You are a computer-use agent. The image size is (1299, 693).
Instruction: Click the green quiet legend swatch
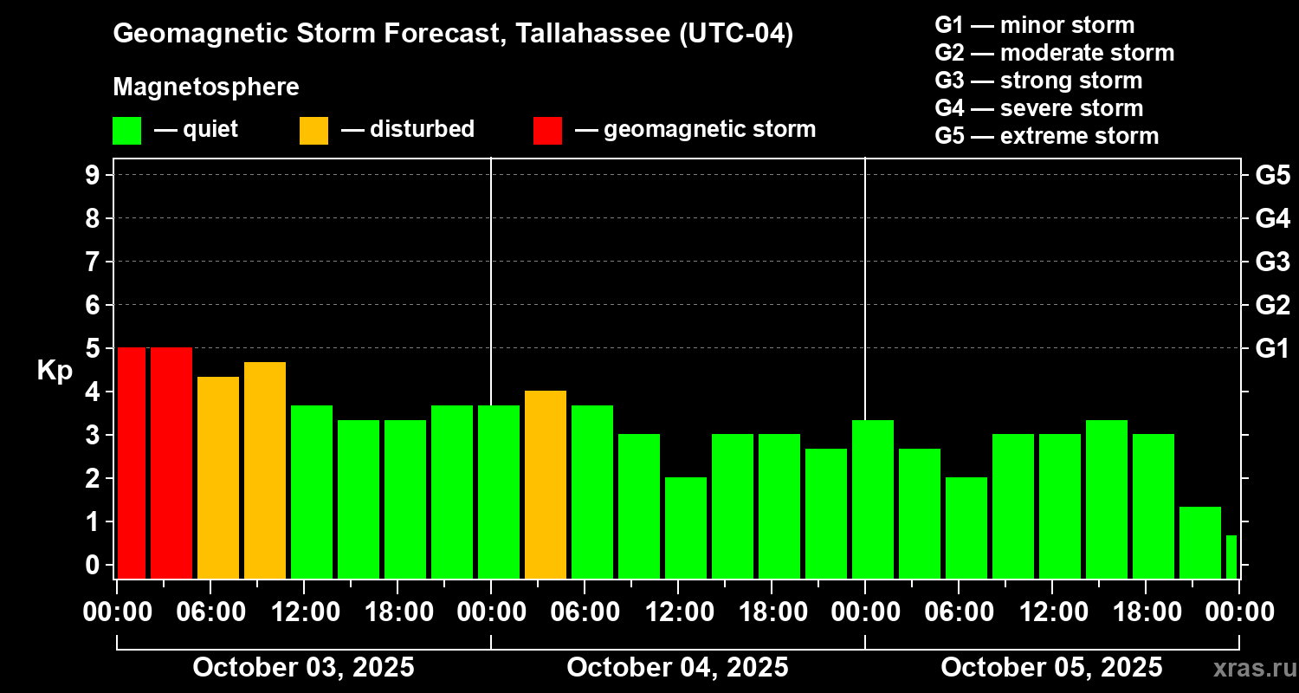coord(126,130)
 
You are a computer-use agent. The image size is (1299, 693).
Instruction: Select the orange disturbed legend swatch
coord(313,130)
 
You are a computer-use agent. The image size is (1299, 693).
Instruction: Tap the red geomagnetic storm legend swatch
coord(547,130)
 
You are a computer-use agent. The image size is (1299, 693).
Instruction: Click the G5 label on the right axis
coord(1272,175)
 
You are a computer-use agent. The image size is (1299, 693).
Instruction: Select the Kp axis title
coord(55,371)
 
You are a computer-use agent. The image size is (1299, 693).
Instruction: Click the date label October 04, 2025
coord(677,668)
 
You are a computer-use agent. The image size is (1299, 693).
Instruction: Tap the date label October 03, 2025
coord(303,668)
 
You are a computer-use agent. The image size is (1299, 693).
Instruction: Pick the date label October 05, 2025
coord(1051,668)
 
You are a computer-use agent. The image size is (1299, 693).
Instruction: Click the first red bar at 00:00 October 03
coord(132,463)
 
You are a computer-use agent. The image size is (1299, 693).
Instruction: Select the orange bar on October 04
coord(546,484)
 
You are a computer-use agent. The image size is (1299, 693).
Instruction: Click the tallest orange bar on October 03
coord(265,470)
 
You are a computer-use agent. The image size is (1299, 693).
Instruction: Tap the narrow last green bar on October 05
coord(1231,557)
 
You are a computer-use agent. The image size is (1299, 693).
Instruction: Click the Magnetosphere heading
coord(206,87)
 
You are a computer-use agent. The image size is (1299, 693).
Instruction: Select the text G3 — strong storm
coord(1038,81)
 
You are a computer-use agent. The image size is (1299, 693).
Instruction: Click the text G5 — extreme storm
coord(1046,136)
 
